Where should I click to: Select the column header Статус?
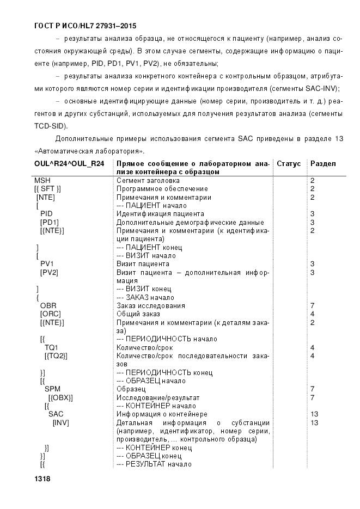289,164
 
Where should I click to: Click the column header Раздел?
323,164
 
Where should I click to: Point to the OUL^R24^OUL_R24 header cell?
69,164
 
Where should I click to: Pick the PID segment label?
46,214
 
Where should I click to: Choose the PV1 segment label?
47,264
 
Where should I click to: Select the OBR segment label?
48,306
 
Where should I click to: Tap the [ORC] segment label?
49,314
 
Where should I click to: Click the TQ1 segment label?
51,347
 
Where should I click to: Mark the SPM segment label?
52,389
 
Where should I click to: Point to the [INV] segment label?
60,422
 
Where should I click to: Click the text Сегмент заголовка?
148,180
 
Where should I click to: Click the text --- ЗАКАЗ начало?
145,298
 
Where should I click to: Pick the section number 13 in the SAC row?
314,414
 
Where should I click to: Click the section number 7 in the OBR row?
312,306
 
